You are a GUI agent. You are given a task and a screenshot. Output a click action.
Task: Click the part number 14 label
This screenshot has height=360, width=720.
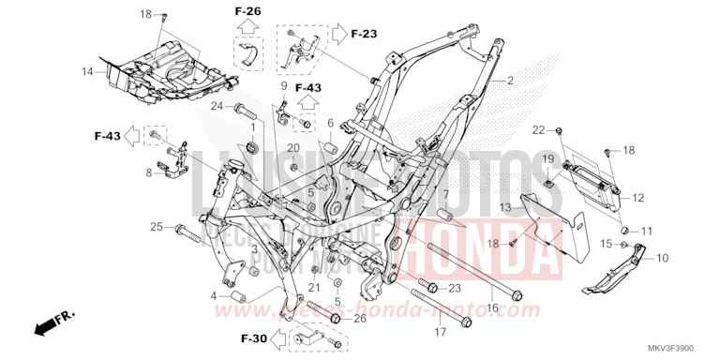click(86, 71)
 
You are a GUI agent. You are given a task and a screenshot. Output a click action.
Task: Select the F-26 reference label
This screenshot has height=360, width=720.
click(247, 11)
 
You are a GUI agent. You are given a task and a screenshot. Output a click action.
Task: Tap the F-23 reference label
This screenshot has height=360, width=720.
click(364, 34)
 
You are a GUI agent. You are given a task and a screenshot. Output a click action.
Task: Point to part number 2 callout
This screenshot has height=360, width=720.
click(510, 81)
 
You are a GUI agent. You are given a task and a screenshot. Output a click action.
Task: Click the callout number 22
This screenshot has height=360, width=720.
click(538, 129)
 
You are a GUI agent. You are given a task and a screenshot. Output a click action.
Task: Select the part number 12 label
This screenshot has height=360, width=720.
click(637, 198)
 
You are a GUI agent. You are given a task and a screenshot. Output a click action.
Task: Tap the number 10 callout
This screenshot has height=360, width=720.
click(662, 257)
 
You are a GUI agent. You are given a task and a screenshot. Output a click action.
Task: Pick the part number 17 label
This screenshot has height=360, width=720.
click(438, 332)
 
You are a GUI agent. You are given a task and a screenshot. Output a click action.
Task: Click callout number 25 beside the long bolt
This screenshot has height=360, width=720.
click(157, 227)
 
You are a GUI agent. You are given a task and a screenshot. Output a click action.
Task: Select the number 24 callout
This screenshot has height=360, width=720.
click(216, 106)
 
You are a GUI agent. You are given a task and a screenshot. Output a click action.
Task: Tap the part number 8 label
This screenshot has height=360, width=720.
click(149, 172)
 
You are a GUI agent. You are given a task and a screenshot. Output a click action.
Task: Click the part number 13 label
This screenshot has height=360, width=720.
click(504, 206)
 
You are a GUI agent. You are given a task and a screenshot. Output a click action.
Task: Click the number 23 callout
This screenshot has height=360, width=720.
click(455, 287)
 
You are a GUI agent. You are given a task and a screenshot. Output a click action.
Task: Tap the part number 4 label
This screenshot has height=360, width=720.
click(214, 296)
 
